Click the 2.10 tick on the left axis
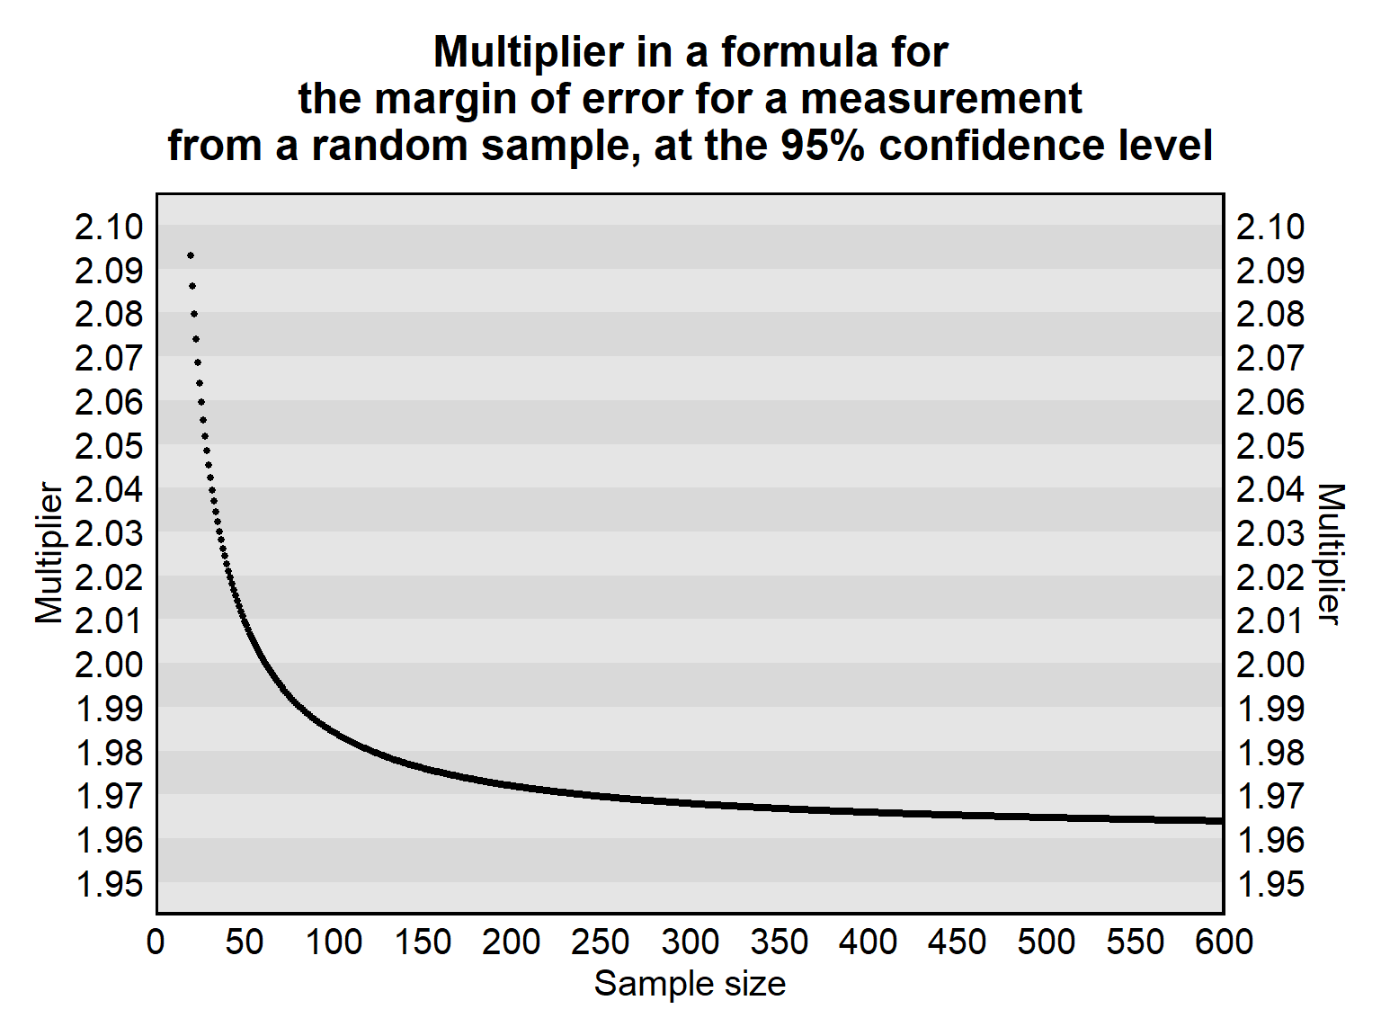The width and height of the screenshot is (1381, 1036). click(x=109, y=227)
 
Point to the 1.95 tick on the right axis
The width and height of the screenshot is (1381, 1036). click(x=1270, y=884)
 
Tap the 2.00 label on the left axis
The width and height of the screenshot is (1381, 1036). click(x=109, y=665)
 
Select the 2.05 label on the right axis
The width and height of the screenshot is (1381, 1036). click(x=1270, y=446)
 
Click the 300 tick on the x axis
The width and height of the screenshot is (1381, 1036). click(x=690, y=942)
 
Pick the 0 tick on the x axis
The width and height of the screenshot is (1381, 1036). click(x=156, y=942)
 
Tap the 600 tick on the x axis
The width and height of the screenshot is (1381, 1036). click(x=1224, y=942)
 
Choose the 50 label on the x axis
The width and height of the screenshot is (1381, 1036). click(x=245, y=942)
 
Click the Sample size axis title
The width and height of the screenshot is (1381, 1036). click(x=690, y=983)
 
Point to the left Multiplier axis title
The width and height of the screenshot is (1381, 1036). click(x=49, y=553)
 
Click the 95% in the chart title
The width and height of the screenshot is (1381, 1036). click(x=823, y=146)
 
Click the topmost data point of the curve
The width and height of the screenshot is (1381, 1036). click(x=191, y=255)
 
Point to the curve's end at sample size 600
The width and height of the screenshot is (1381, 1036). click(x=1221, y=820)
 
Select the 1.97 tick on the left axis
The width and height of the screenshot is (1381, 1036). click(x=109, y=796)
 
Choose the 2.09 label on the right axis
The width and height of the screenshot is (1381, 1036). click(x=1270, y=271)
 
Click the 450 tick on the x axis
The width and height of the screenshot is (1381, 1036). click(x=958, y=942)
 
